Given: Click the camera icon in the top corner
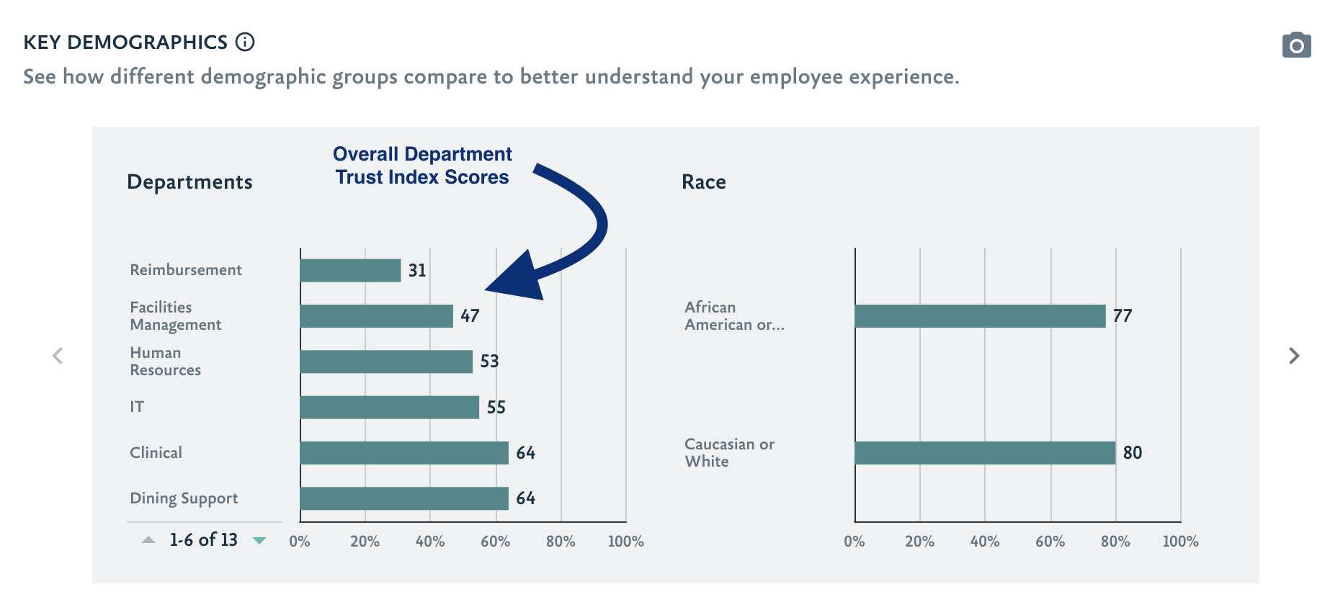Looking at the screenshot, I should point(1296,45).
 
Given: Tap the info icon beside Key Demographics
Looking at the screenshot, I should point(246,42).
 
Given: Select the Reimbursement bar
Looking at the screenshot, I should point(350,271).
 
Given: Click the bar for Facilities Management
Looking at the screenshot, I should point(376,316).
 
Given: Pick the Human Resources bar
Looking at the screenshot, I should point(386,362).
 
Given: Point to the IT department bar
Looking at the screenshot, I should point(389,408).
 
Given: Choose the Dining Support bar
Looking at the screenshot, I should point(404,498).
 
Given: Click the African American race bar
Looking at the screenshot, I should point(980,316).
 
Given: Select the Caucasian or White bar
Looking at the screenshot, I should point(985,453).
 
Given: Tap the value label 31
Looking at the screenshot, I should point(417,271).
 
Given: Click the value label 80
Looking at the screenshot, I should point(1133,453).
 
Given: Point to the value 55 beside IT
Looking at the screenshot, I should point(496,408).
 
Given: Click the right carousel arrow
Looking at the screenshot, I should point(1294,356).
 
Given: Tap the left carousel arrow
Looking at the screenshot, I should point(58,356).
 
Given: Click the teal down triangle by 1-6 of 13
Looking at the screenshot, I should point(259,540).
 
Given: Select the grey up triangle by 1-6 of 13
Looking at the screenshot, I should point(148,540).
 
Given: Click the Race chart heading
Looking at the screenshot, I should point(704,182).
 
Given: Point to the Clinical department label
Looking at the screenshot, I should point(156,453).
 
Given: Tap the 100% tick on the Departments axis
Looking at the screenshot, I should point(625,542).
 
